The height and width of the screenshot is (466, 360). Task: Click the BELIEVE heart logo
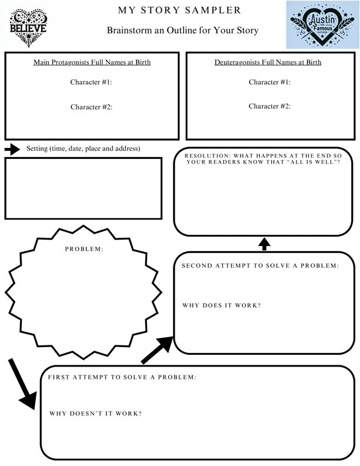(28, 28)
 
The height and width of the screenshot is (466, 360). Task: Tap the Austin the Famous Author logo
(322, 24)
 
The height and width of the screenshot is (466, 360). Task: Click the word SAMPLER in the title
(213, 10)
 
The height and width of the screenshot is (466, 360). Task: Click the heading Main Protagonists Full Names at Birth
(92, 62)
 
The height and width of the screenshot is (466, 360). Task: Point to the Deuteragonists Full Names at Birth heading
(268, 62)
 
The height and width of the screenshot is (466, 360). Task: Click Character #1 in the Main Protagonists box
(91, 82)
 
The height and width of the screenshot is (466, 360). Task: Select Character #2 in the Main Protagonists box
(91, 107)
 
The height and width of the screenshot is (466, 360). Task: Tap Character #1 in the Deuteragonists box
(269, 82)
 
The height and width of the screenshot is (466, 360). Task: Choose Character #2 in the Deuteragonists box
(269, 106)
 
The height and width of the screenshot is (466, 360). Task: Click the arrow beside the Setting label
(12, 149)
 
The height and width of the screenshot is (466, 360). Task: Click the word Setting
(37, 149)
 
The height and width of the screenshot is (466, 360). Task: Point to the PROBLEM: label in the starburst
(84, 249)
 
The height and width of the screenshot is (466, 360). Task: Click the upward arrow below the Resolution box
(264, 244)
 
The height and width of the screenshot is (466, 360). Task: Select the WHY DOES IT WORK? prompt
(222, 305)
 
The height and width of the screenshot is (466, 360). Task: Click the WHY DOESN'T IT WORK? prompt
(95, 414)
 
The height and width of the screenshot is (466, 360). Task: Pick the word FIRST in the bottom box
(59, 377)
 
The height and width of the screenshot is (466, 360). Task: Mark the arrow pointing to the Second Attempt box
(157, 350)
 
